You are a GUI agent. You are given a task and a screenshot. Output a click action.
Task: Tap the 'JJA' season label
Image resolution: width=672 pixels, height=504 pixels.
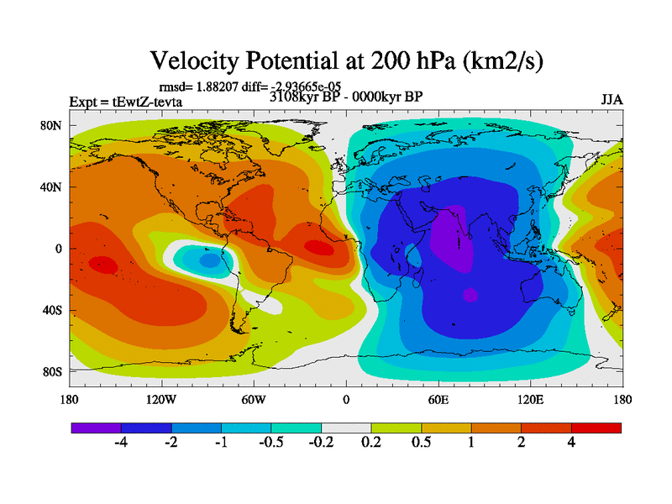point(612,99)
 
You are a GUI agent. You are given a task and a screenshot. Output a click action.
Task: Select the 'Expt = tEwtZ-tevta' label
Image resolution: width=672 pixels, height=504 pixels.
point(126,102)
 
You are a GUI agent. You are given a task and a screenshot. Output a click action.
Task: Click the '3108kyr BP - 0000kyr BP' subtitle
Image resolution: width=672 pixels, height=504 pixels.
point(346,96)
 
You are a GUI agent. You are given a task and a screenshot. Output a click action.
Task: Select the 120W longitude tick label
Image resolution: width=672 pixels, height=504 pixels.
point(160,399)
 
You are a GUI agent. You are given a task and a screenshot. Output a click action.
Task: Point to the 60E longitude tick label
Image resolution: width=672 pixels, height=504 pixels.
point(438,399)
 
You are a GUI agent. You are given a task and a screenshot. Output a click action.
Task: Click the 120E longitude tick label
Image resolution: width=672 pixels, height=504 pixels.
point(531,399)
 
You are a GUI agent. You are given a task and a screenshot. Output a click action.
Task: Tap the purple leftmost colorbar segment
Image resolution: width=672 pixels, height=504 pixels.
point(96,428)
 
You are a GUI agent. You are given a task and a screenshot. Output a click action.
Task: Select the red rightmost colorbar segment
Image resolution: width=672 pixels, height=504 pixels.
point(596,428)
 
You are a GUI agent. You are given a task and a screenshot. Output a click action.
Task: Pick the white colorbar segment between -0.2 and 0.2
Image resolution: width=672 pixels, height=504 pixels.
point(346,428)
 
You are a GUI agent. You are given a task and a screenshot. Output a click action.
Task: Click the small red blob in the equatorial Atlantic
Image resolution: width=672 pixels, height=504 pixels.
point(318,247)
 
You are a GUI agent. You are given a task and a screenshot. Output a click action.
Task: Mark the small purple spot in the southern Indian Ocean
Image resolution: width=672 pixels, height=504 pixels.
point(470,295)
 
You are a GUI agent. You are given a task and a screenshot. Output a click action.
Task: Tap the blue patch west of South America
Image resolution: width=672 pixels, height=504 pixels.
point(208,261)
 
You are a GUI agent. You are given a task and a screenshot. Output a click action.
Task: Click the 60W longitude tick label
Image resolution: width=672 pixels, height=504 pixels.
point(254,399)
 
